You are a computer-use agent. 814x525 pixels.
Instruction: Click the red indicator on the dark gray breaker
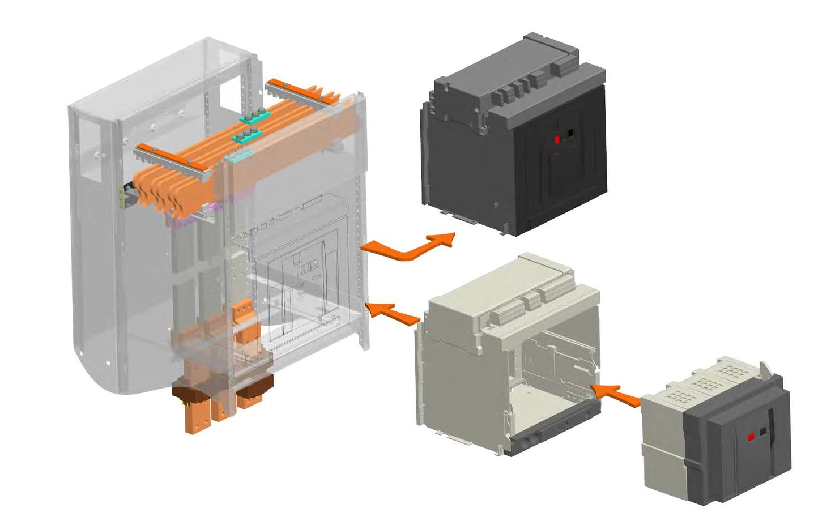coord(556,139)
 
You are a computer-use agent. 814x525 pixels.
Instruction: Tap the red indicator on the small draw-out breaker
coord(750,437)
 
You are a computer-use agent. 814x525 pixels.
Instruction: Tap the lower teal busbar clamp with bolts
coord(246,136)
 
